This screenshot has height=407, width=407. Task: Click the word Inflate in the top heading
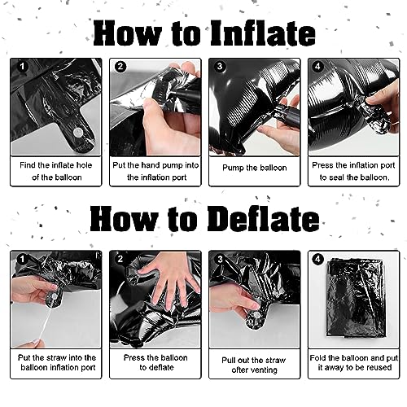click(263, 33)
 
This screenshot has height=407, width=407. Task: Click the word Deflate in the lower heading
click(263, 219)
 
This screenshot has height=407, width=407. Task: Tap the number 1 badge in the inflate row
click(22, 67)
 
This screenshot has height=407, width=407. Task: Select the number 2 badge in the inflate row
click(120, 67)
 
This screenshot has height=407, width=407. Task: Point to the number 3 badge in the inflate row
click(220, 67)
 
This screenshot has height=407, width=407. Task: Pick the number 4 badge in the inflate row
click(317, 67)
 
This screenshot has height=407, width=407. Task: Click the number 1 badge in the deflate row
click(22, 259)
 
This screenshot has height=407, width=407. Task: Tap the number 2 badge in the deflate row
click(120, 259)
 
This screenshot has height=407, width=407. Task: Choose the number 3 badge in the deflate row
click(220, 259)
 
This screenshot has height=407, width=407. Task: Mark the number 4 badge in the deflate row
click(317, 259)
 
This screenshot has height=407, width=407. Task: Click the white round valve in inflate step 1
click(78, 133)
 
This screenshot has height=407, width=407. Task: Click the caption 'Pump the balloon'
click(255, 168)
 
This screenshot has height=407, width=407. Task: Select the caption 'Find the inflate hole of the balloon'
click(56, 171)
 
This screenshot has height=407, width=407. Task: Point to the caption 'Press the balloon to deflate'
click(155, 362)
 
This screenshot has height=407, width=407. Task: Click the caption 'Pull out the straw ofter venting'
click(254, 365)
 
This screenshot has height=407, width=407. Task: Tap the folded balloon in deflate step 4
click(356, 299)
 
